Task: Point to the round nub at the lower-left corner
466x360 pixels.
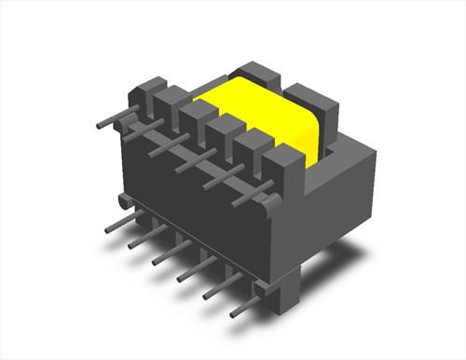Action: coord(123,201)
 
